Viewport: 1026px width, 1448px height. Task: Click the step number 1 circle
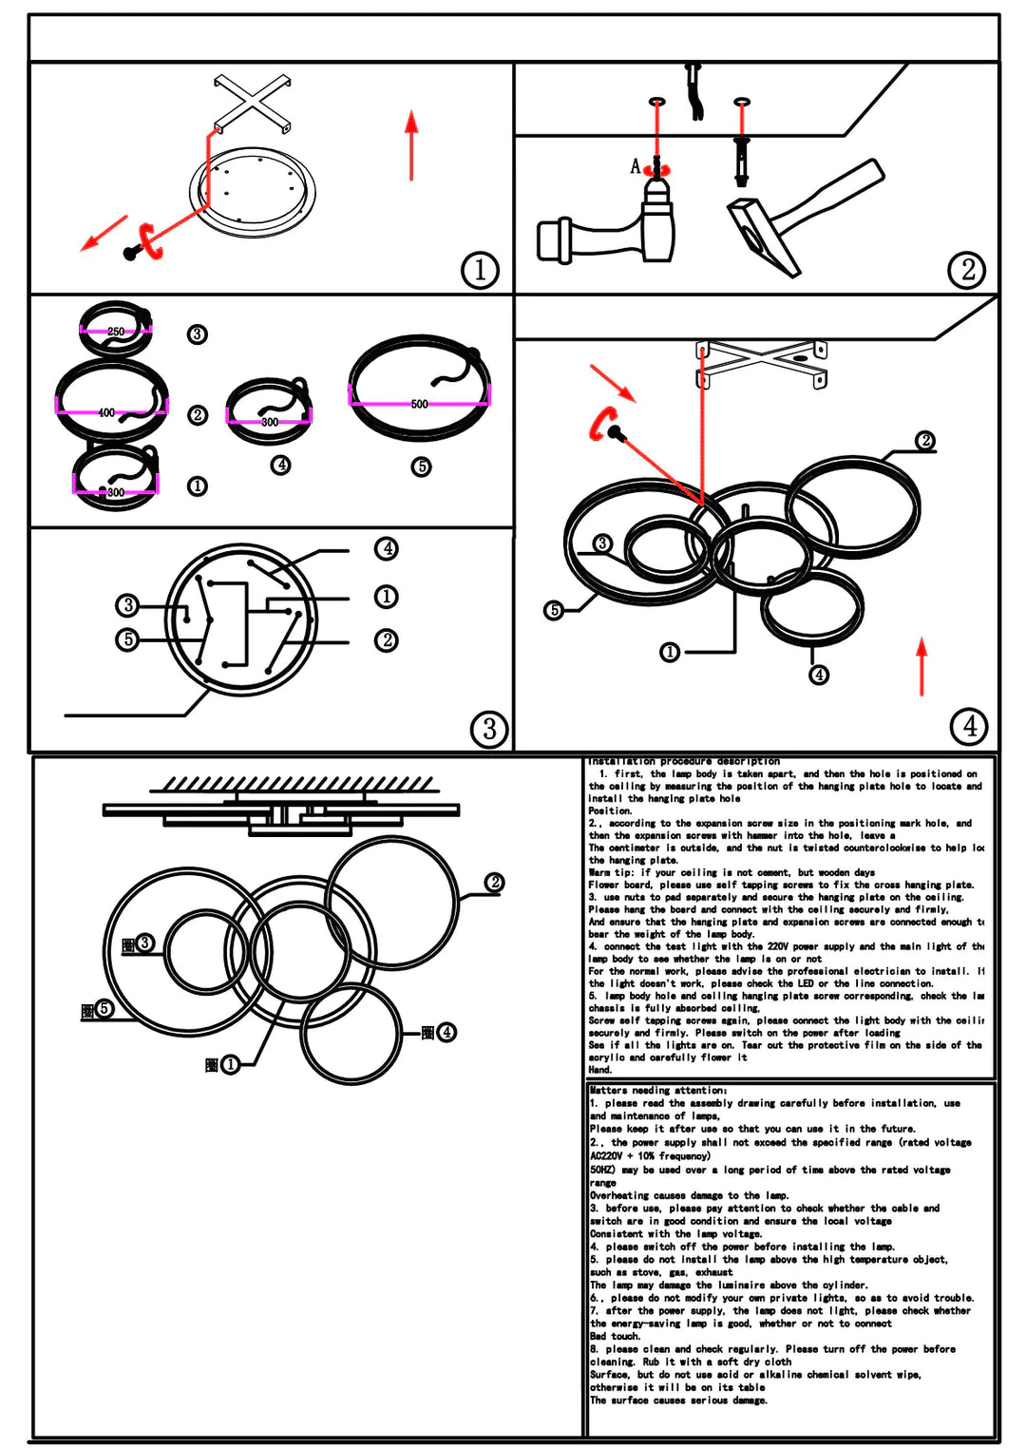(x=480, y=270)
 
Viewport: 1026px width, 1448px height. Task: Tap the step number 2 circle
(x=967, y=270)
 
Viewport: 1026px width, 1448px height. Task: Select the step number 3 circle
(x=489, y=729)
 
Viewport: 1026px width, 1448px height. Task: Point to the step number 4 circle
(x=969, y=726)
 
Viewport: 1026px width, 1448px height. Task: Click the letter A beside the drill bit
(x=636, y=167)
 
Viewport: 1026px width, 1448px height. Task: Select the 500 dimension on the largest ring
(x=419, y=404)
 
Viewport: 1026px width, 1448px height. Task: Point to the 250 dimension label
(x=116, y=332)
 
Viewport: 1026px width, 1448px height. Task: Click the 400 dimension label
(x=106, y=412)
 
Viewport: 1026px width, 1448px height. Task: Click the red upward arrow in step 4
(x=921, y=665)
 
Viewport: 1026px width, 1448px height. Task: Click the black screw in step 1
(x=130, y=253)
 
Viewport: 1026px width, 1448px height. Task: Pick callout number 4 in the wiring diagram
(x=386, y=548)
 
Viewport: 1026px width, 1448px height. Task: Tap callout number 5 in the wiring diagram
(x=128, y=639)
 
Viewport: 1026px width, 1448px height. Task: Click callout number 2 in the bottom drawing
(x=494, y=883)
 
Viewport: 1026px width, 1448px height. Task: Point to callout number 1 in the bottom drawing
(x=230, y=1064)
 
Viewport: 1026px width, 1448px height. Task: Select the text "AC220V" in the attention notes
(x=606, y=1156)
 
